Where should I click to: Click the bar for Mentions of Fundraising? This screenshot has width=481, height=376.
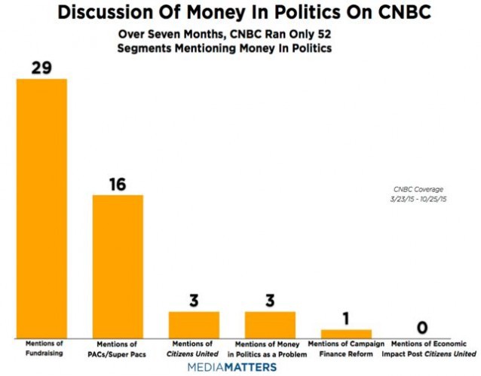point(41,208)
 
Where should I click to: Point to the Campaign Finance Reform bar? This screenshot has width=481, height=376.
point(346,333)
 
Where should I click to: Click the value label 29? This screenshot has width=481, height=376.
point(41,68)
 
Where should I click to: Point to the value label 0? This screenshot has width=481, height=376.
point(422,328)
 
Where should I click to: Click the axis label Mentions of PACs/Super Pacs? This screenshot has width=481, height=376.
point(118,348)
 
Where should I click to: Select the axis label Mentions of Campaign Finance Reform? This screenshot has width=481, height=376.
point(346,348)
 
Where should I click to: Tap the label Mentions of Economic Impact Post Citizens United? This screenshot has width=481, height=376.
point(423,348)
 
